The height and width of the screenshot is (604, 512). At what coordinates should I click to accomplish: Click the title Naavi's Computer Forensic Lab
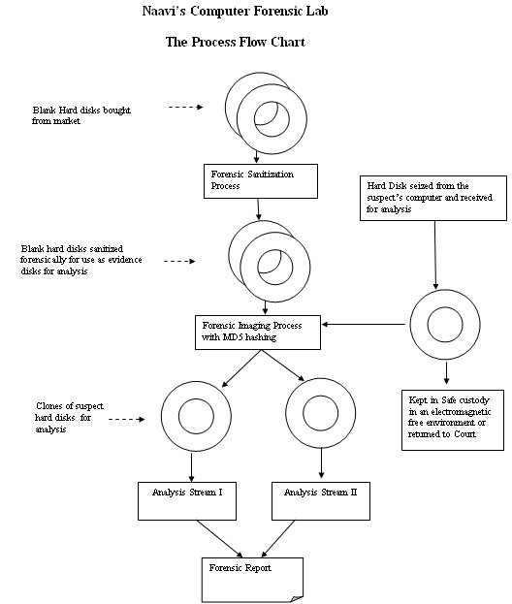point(235,11)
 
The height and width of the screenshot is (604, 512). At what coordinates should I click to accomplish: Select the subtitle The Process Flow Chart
point(235,42)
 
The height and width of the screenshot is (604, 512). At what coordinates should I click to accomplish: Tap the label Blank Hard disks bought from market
point(81,115)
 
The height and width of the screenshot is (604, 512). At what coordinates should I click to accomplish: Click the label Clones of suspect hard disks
point(70,418)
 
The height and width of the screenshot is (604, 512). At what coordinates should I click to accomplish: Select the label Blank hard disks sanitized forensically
point(81,260)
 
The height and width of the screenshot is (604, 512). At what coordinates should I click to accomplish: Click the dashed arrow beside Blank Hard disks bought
point(185,107)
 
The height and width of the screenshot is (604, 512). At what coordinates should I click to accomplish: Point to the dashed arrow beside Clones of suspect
point(127,419)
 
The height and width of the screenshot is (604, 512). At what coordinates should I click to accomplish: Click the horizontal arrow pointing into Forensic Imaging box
point(364,325)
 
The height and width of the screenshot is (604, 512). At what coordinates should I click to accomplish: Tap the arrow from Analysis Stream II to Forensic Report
point(277,538)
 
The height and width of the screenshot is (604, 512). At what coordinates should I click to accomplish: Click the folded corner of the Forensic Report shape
point(297,598)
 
